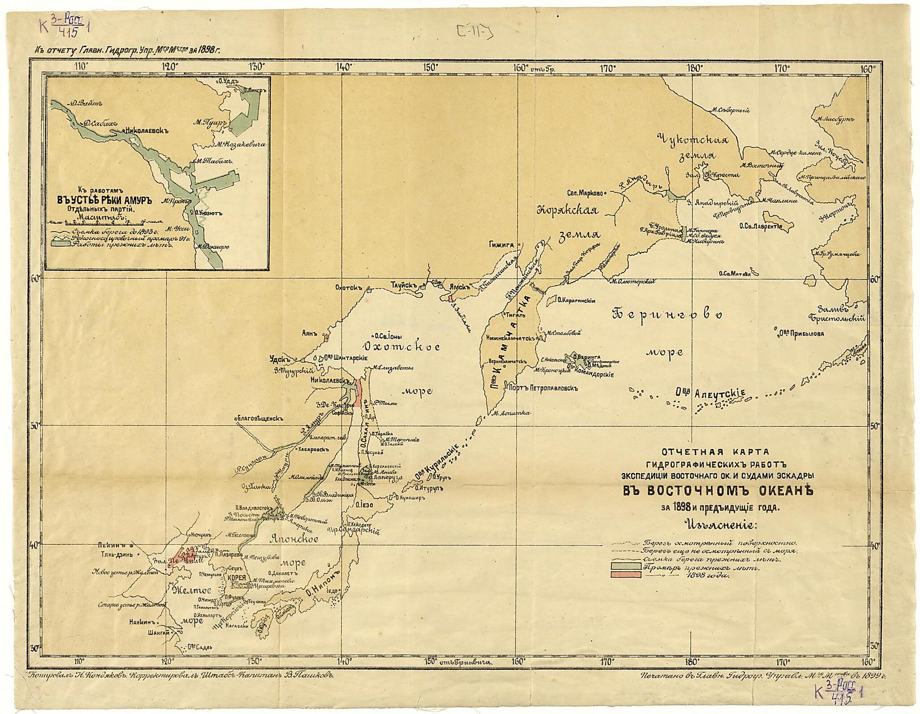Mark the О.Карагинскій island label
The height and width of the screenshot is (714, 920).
tap(576, 301)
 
